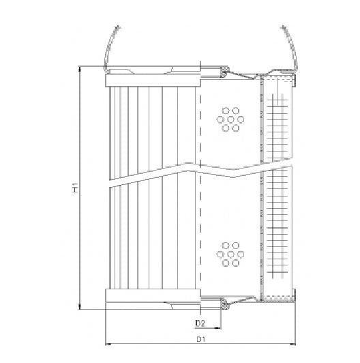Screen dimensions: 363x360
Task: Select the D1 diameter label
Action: [x=201, y=338]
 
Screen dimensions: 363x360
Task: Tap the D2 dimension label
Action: [x=200, y=323]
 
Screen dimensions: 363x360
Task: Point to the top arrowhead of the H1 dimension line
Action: [x=80, y=69]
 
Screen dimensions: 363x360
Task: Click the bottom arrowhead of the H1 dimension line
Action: [x=80, y=308]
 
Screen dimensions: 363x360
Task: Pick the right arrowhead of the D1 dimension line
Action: [x=295, y=343]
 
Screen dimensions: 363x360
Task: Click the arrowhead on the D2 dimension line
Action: [x=221, y=327]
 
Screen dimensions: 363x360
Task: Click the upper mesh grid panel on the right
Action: [x=277, y=123]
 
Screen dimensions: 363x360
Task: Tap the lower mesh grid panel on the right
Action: [x=277, y=232]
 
